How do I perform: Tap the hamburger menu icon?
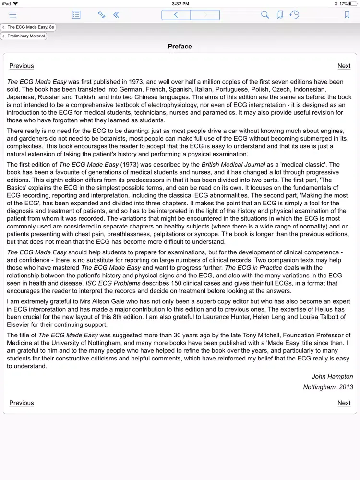pos(13,15)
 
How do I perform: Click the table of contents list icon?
pos(76,15)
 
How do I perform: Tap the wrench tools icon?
pos(101,15)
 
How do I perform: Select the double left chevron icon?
pos(116,15)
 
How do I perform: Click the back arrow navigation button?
pos(176,15)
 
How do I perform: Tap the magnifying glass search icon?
pos(265,15)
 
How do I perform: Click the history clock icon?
pos(294,15)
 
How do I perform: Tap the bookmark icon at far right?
pos(347,15)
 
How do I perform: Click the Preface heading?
pos(180,47)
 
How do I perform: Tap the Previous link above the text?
pos(22,66)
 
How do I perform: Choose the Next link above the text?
pos(344,66)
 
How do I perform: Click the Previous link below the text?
pos(22,403)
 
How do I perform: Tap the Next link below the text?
pos(344,403)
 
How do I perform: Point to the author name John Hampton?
pos(332,377)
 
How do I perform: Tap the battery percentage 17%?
pos(343,3)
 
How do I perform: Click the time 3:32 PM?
pos(180,3)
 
